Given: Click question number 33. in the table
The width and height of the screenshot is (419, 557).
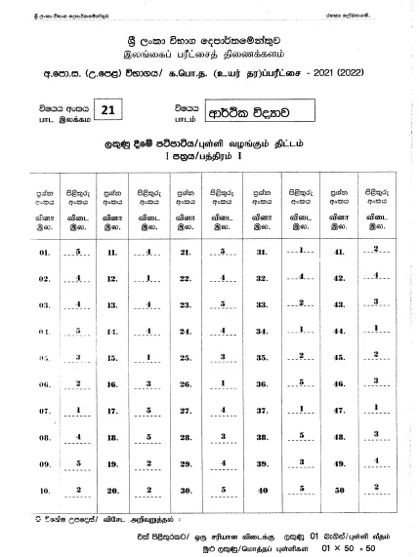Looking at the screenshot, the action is point(262,304).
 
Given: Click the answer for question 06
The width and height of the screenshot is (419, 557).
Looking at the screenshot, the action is point(77,383).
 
